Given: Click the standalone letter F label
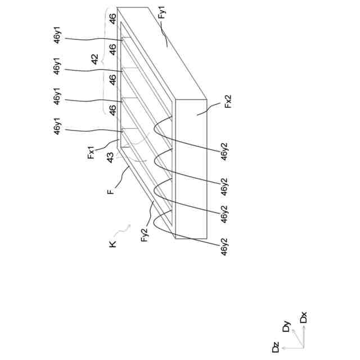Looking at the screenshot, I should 111,191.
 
